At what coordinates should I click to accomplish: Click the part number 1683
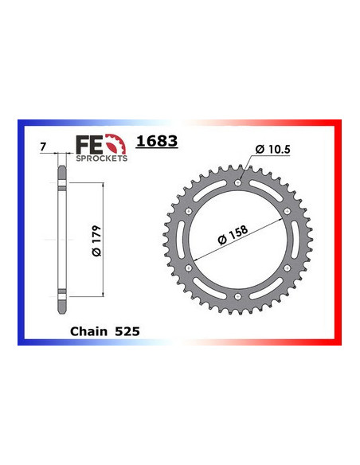coord(157,141)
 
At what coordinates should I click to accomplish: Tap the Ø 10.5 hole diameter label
coord(273,149)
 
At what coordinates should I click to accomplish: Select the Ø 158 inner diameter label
coord(233,236)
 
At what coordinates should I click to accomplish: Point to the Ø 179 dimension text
coord(96,240)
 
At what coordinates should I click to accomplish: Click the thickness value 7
coord(43,147)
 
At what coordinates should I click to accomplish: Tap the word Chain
coord(88,331)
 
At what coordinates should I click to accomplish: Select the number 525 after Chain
coord(127,331)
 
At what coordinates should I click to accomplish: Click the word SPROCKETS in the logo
coord(102,158)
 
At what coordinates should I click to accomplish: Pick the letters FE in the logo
coord(88,145)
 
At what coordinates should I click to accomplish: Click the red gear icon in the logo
coord(115,144)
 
